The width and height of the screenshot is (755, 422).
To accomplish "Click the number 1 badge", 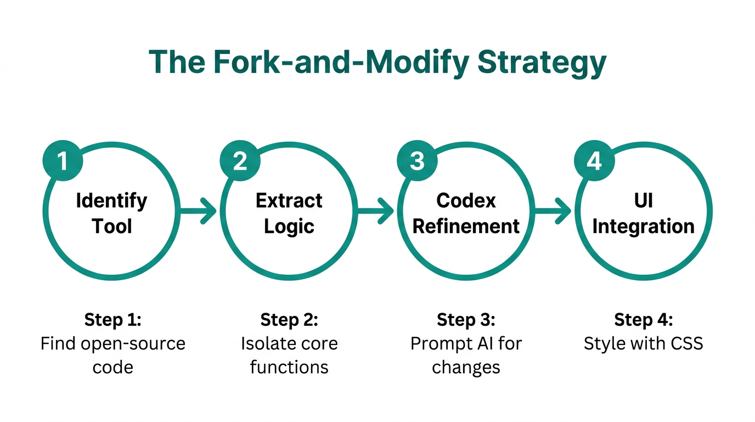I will point(63,162).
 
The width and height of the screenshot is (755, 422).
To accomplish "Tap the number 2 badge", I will point(240,162).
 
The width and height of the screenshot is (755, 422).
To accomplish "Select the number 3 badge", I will point(417,162).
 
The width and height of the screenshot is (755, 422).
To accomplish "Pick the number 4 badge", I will point(594,162).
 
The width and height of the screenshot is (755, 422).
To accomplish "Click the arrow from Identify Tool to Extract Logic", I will point(199,211).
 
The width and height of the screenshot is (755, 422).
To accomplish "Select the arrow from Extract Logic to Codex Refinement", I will point(376,211).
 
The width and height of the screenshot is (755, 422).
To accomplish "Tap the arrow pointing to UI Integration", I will point(553,211).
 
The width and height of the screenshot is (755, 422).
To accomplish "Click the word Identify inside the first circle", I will point(111,201).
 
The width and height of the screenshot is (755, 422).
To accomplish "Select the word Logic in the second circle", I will point(289,226).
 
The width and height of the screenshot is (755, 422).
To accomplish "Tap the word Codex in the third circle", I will point(466,201).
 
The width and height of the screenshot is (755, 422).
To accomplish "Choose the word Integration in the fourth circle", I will point(643,226).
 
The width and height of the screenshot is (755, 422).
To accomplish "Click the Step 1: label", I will point(112,320).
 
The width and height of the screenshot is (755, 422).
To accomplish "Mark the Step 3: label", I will point(466,320).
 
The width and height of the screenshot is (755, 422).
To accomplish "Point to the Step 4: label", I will point(643,320).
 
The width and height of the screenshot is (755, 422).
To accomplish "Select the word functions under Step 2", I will point(289,367).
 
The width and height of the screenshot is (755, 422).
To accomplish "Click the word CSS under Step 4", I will point(684,344).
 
